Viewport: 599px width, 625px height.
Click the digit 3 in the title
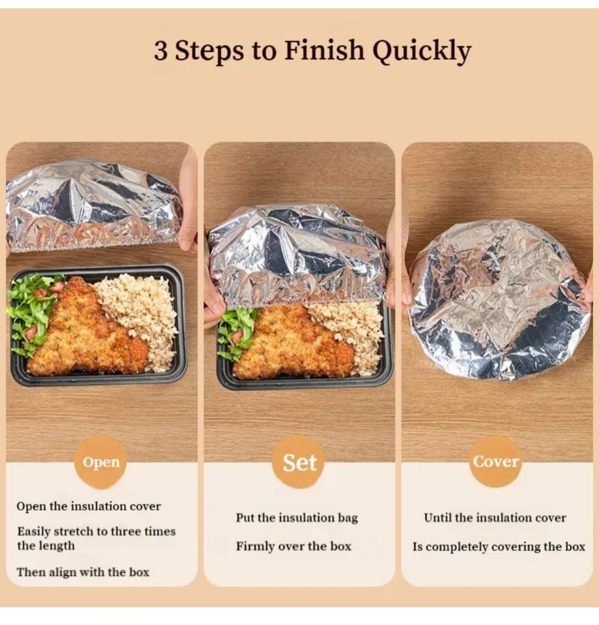tap(161, 51)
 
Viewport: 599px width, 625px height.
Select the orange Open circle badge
tap(101, 462)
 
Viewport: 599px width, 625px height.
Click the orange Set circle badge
tap(299, 463)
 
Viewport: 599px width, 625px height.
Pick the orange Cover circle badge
tap(496, 461)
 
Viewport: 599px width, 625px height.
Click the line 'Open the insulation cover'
tap(89, 506)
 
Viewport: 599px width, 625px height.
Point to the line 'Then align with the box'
tap(83, 572)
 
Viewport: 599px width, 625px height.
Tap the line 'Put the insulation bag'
tap(297, 518)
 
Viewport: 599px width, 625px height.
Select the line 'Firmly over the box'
tap(293, 546)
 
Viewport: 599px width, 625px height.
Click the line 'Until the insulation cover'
tap(495, 518)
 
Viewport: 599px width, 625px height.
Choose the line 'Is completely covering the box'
tap(499, 546)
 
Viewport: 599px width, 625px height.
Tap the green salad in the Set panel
tap(238, 333)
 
